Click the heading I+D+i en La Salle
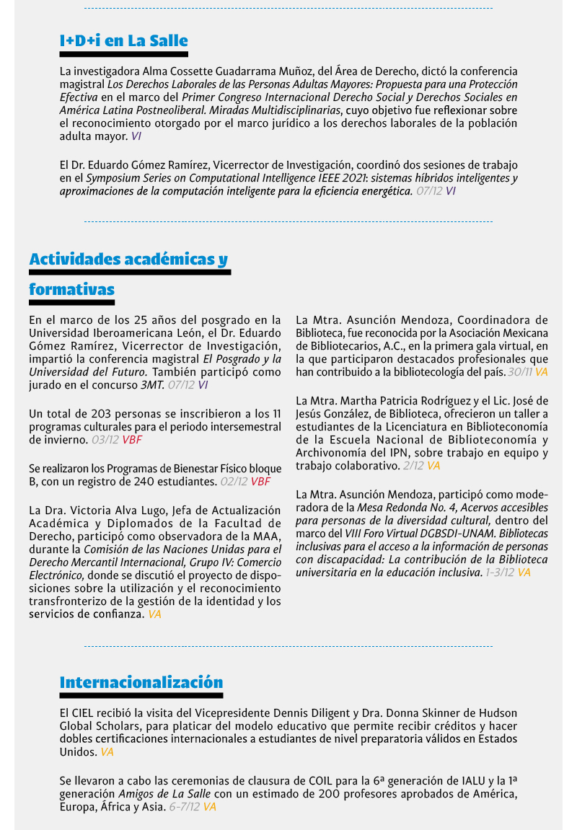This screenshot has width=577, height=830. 123,41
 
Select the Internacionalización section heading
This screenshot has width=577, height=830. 141,682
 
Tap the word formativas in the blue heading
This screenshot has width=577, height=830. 71,290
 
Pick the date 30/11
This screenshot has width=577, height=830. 519,372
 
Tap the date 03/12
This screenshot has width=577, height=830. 105,439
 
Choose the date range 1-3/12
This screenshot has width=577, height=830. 499,572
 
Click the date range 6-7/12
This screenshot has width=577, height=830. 185,807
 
